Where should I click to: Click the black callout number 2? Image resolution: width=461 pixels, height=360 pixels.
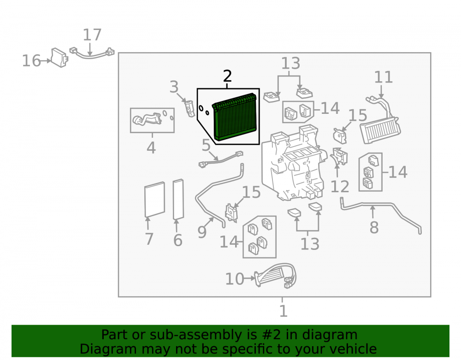[x=227, y=76]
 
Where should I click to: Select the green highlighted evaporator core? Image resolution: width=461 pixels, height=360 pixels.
[x=235, y=117]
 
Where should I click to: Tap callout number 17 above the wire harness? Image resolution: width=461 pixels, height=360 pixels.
[x=92, y=35]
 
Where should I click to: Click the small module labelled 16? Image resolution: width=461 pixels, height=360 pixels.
[x=59, y=58]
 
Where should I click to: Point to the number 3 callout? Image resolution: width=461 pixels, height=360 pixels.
[x=174, y=87]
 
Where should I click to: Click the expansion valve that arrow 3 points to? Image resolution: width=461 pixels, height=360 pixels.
[x=189, y=108]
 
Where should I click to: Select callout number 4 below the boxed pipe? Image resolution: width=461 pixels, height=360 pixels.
[x=151, y=148]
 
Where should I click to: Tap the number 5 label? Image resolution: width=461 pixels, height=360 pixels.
[x=206, y=145]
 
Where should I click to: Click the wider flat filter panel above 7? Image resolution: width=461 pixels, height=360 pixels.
[x=154, y=199]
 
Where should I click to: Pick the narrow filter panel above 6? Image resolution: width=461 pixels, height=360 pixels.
[x=178, y=199]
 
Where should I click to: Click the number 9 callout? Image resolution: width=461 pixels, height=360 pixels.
[x=202, y=232]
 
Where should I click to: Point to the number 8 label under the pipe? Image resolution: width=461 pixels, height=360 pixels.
[x=374, y=227]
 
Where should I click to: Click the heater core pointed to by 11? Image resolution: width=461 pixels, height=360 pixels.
[x=380, y=126]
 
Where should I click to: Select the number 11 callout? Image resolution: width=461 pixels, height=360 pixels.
[x=384, y=77]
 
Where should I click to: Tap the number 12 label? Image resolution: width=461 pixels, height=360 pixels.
[x=340, y=186]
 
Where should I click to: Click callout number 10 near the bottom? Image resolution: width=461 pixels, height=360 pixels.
[x=235, y=279]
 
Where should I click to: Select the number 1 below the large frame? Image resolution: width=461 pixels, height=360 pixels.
[x=283, y=311]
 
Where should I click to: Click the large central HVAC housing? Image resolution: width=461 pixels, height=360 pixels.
[x=294, y=163]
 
